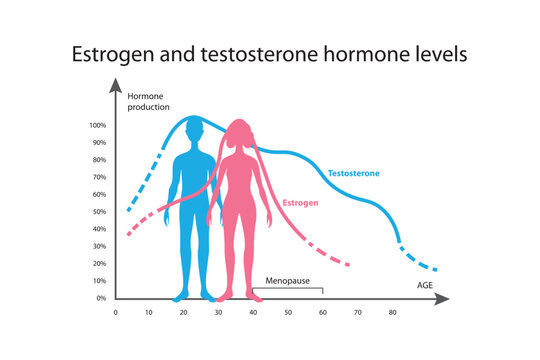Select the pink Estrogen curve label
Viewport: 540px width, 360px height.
(x=301, y=203)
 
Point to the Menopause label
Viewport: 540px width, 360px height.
(x=286, y=281)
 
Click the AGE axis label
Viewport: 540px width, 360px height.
(x=426, y=285)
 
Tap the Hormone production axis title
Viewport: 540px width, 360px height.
(x=149, y=100)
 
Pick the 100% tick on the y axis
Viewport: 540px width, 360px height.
(x=98, y=125)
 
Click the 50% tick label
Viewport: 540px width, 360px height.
(x=99, y=212)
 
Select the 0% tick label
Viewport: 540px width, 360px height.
(x=101, y=298)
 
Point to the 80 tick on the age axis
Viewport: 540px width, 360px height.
(x=393, y=313)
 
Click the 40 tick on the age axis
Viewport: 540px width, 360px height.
(x=253, y=313)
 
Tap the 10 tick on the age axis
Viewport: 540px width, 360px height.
(x=149, y=313)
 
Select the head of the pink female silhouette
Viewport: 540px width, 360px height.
(x=238, y=134)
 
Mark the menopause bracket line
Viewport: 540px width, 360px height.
(x=288, y=289)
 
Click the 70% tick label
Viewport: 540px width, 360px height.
(x=99, y=177)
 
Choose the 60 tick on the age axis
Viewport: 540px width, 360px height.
(x=323, y=313)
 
